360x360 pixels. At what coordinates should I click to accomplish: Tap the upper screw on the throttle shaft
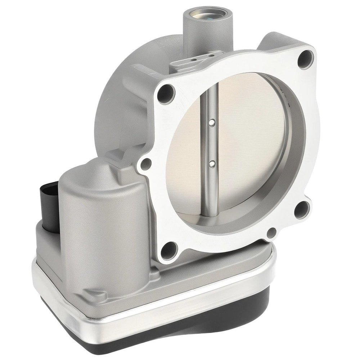click(212, 123)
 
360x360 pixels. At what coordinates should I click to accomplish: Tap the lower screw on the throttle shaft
click(212, 164)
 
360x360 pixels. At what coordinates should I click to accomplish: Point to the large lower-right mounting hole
click(301, 210)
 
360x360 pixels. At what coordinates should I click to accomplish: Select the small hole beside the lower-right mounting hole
click(272, 233)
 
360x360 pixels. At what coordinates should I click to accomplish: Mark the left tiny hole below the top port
click(193, 60)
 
